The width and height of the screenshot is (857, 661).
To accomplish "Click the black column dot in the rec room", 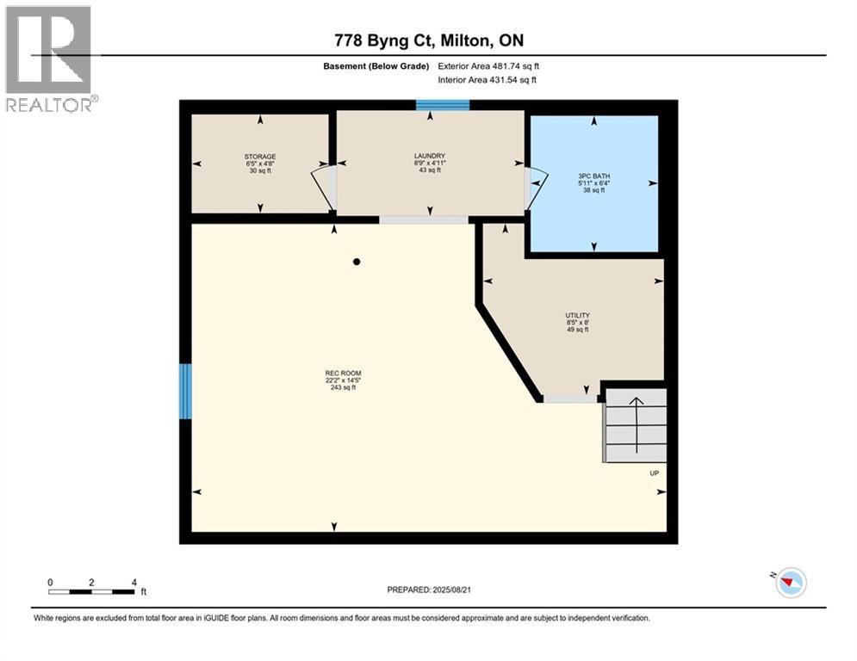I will click(356, 262).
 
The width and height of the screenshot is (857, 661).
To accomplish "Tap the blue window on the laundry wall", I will click(443, 106).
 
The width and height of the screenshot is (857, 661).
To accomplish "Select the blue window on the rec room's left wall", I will click(185, 391).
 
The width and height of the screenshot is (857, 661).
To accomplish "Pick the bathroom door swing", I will click(536, 187).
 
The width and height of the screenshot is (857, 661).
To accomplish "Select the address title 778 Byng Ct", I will click(428, 40).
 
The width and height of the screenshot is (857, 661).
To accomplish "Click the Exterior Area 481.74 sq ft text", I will click(489, 66).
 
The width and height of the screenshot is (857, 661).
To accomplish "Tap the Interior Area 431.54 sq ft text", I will click(488, 80).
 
